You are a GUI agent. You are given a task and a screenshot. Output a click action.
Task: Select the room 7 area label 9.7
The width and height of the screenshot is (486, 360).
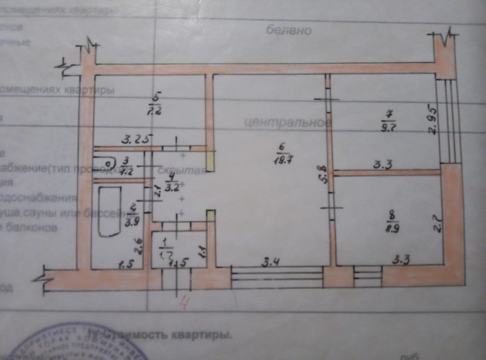(388, 128)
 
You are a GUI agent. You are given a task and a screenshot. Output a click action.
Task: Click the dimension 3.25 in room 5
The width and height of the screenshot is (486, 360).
(135, 139)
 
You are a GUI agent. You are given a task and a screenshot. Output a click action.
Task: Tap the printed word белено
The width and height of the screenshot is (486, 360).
(289, 30)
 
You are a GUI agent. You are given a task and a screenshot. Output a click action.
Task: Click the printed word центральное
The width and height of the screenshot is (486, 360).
(287, 123)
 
